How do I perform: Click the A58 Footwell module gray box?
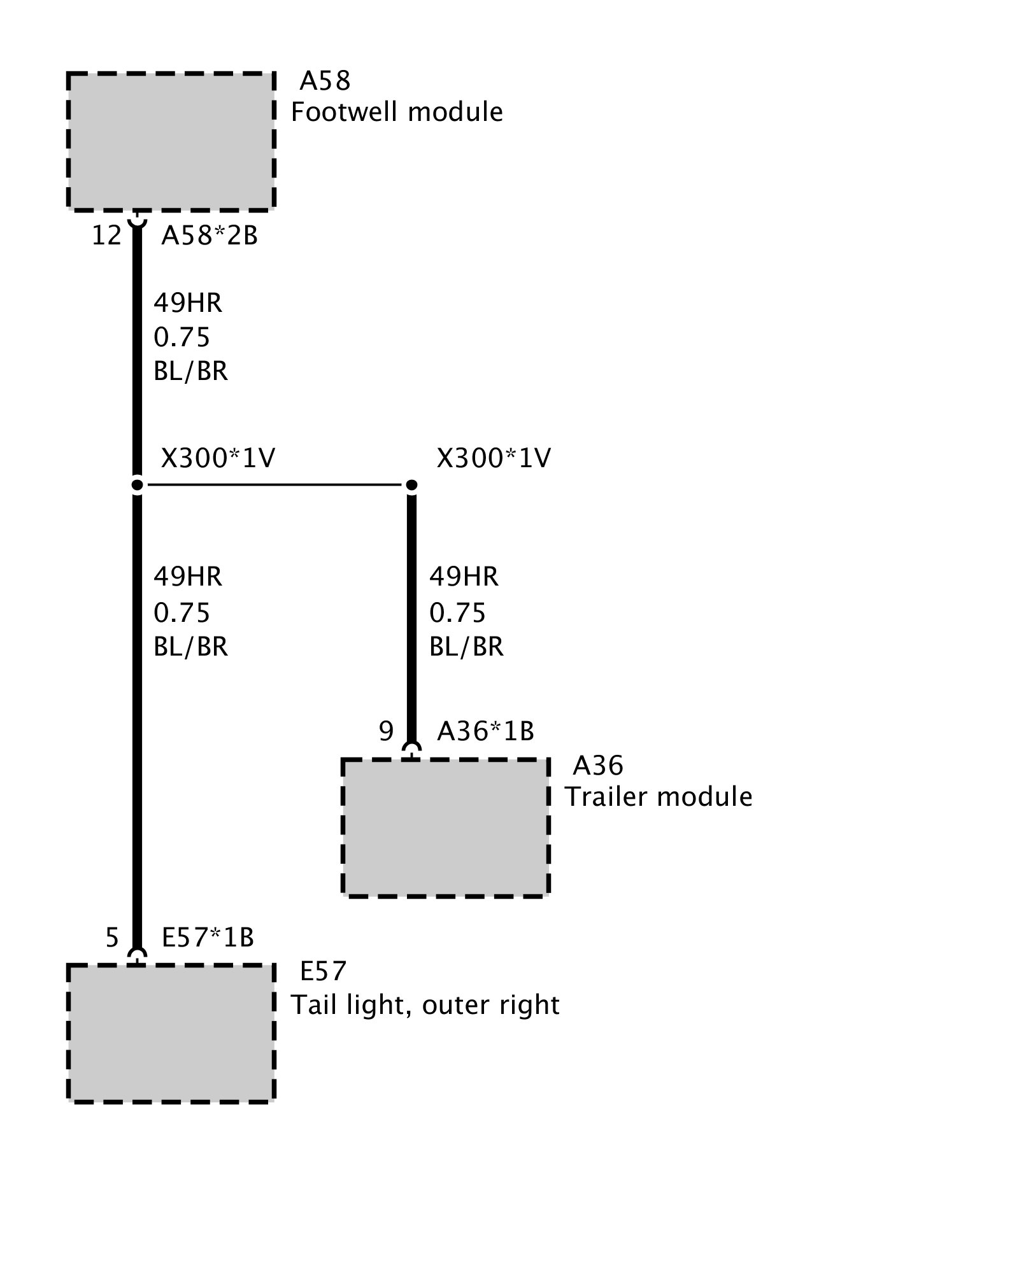171,141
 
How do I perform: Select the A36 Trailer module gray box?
445,827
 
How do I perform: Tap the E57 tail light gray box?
171,1033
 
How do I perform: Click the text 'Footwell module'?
397,112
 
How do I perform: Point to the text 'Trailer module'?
658,797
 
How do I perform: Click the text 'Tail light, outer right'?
425,1005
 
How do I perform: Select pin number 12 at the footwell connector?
106,236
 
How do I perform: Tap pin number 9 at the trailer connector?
386,731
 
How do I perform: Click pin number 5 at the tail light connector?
112,938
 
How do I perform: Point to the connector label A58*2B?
210,236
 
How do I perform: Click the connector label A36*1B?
485,731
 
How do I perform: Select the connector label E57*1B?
208,938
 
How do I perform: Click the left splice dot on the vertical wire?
137,486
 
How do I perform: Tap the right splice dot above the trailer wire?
411,486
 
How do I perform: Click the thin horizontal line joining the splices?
274,486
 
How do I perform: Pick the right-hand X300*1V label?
494,458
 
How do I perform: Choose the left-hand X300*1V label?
218,458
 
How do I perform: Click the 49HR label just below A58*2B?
188,303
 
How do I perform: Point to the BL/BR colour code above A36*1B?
466,647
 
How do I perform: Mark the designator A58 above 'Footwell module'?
325,81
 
